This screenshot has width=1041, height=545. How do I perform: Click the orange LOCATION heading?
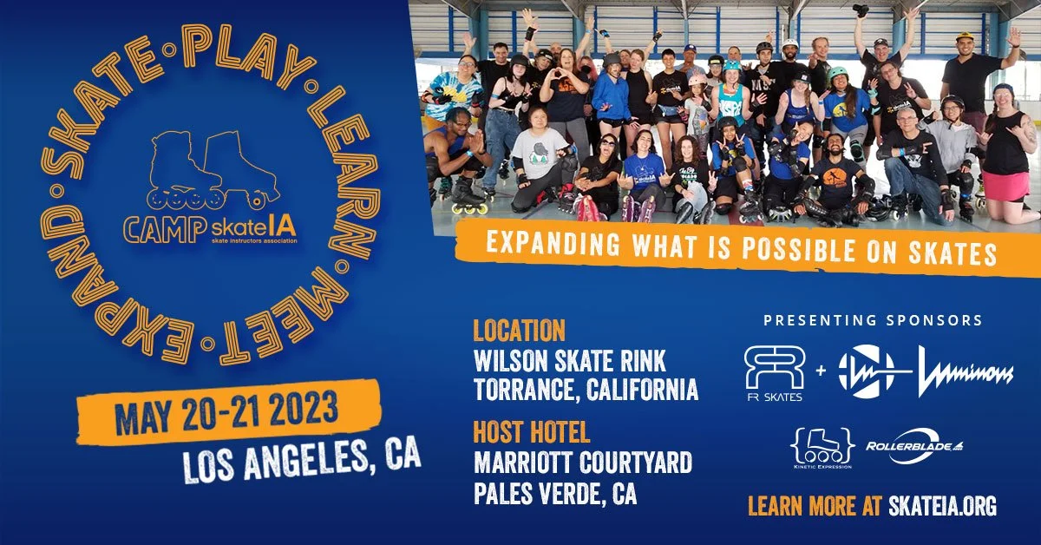[x=519, y=331]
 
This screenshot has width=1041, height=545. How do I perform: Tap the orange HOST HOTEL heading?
[x=531, y=431]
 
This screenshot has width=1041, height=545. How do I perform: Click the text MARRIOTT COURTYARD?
[x=582, y=463]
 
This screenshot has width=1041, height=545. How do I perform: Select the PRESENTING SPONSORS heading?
[x=873, y=320]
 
